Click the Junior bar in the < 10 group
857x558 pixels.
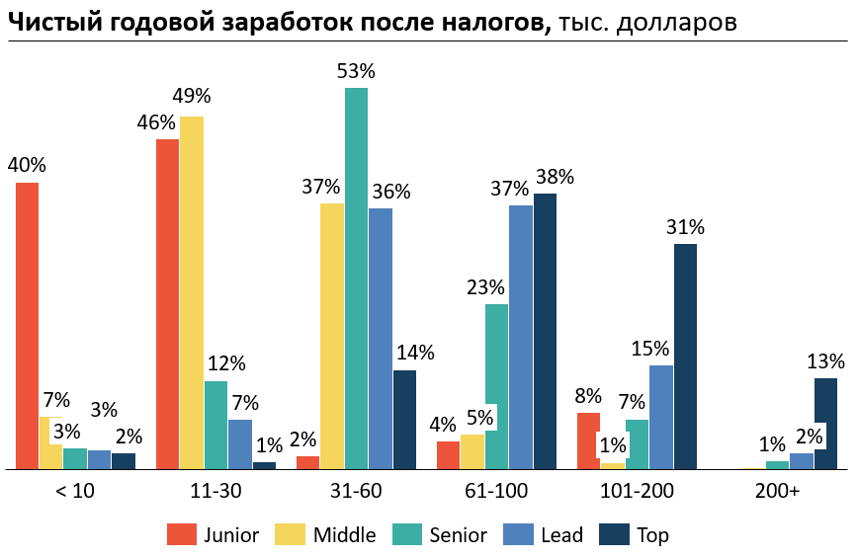27,326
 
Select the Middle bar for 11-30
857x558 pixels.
192,292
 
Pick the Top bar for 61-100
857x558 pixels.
545,331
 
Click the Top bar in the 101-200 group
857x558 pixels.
685,357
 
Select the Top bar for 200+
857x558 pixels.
825,424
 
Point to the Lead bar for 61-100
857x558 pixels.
521,337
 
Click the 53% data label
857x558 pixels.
356,71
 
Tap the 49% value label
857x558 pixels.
192,97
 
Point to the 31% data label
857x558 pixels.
685,227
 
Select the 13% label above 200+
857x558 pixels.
825,361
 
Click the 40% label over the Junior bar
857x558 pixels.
27,165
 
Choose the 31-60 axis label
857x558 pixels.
356,490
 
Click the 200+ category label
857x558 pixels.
777,490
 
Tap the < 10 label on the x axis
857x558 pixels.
74,490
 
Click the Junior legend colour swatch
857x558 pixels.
181,534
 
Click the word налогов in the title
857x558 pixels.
499,23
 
